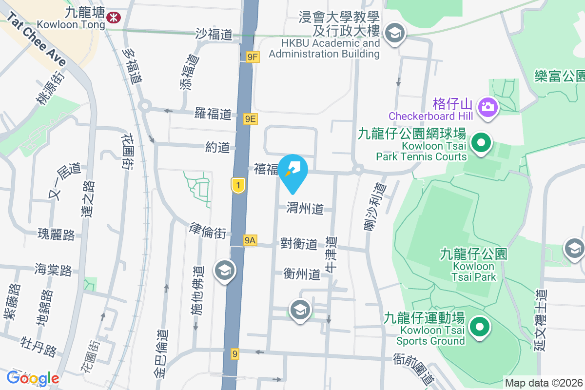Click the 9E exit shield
[x=251, y=118]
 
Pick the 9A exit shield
[x=250, y=240]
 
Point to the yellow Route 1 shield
[x=238, y=185]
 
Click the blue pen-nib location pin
[x=293, y=169]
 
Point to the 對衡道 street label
[x=299, y=243]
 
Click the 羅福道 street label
[x=213, y=115]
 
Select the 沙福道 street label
[x=214, y=34]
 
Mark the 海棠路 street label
[x=53, y=270]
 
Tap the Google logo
[x=33, y=378]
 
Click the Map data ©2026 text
[x=544, y=383]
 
